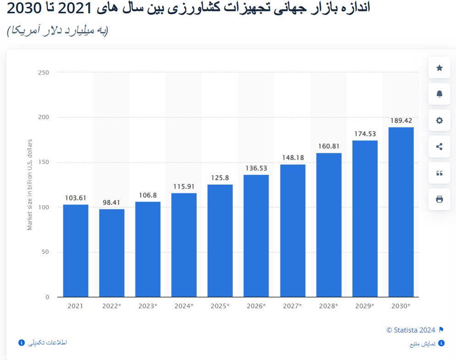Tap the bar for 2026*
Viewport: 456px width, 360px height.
click(256, 236)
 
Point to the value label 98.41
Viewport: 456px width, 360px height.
click(112, 202)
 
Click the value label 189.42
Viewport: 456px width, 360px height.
click(401, 120)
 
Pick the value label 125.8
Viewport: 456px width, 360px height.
click(220, 178)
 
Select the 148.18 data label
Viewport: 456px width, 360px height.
click(292, 158)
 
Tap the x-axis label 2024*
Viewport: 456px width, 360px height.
click(184, 306)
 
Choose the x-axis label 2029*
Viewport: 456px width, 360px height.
click(365, 306)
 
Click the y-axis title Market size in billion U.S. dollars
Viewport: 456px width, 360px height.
click(30, 184)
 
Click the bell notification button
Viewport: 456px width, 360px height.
click(440, 94)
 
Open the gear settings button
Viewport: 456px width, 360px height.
click(440, 120)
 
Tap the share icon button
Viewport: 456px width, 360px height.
click(440, 147)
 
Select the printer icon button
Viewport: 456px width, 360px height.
click(440, 199)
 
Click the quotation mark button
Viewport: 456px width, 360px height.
click(440, 173)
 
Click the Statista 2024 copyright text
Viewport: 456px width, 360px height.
click(411, 330)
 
